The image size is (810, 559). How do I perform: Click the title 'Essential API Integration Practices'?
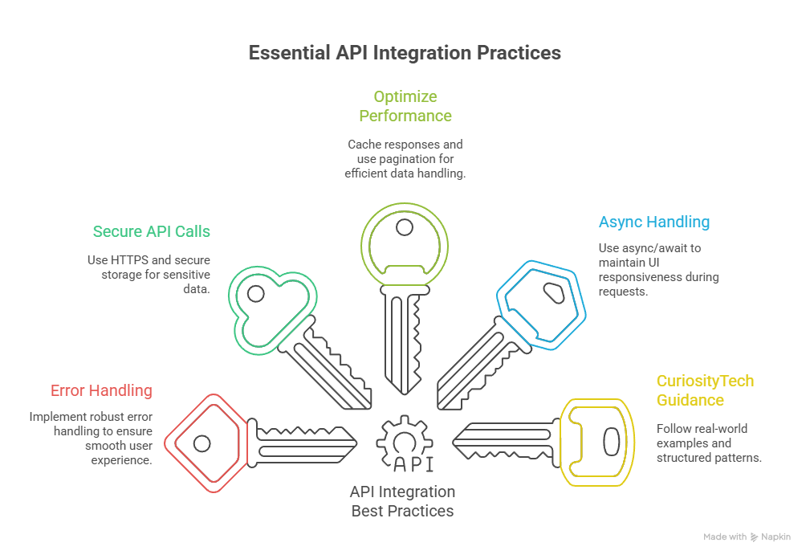(x=405, y=53)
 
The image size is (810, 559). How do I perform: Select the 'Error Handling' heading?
(x=101, y=391)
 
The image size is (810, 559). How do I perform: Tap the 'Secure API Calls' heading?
(x=151, y=231)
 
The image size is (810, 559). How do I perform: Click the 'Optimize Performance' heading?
(x=405, y=106)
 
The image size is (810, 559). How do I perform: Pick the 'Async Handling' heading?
(x=653, y=222)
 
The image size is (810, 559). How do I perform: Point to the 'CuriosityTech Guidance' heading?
(x=705, y=390)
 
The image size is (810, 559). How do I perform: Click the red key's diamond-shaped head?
(x=203, y=443)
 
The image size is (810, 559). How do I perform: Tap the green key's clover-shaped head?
(x=266, y=306)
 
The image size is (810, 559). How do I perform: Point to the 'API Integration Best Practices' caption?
(x=402, y=501)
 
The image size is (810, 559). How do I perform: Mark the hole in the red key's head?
(x=202, y=443)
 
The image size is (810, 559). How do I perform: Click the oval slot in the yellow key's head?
(x=610, y=442)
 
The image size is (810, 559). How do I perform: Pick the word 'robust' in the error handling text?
(x=108, y=417)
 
